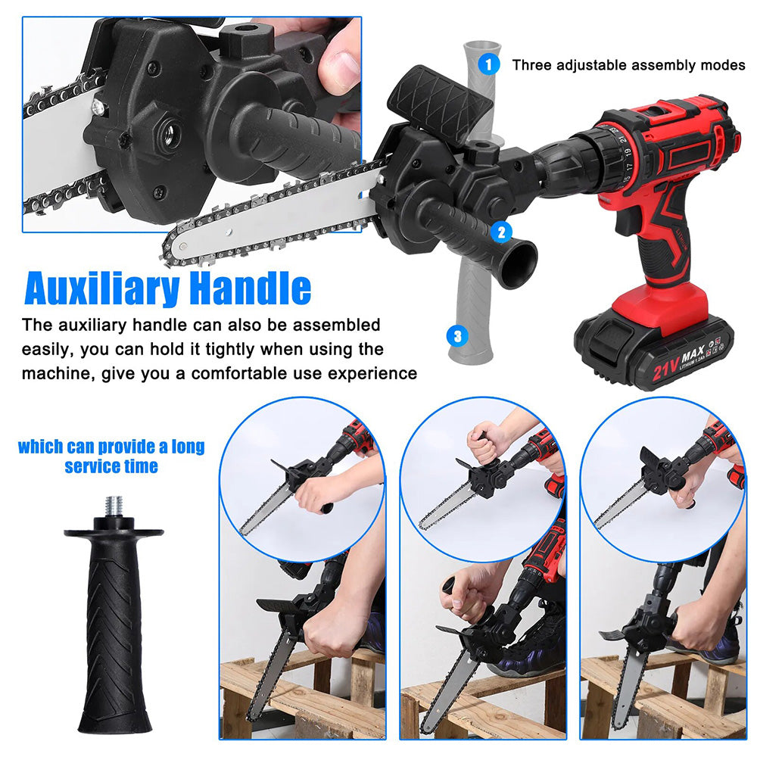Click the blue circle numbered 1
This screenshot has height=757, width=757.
[490, 64]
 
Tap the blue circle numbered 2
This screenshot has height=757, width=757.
[500, 232]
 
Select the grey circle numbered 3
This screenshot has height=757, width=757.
[457, 334]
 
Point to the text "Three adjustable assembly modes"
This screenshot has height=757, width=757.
[628, 65]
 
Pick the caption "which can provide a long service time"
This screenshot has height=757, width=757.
[111, 456]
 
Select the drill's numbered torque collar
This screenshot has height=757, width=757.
[618, 155]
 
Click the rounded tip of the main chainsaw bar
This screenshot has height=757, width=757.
[171, 251]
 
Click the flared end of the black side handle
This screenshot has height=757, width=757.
[519, 264]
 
